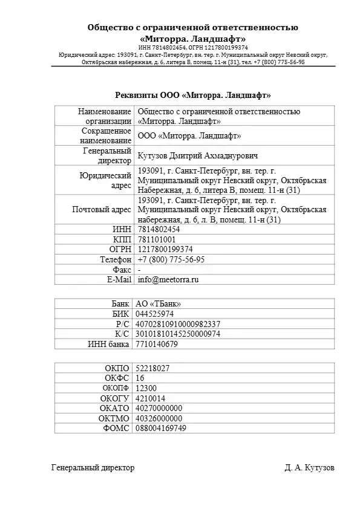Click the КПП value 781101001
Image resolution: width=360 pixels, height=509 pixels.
tap(157, 239)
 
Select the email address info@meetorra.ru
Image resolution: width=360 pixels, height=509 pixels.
tap(168, 280)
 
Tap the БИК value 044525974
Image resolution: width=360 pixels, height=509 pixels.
tap(156, 314)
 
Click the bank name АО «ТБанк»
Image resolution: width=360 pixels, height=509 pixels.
tap(159, 303)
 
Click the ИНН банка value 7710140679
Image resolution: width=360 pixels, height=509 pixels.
tap(158, 344)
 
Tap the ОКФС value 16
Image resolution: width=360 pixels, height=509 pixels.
tap(140, 378)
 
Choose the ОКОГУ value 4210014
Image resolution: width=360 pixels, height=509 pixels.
tap(151, 398)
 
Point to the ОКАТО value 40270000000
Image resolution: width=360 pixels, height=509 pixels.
tap(160, 408)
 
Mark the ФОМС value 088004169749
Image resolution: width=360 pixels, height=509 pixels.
tap(162, 429)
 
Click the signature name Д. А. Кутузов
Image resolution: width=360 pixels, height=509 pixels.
tap(309, 468)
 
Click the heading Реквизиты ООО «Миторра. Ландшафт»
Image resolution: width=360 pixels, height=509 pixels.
tap(193, 95)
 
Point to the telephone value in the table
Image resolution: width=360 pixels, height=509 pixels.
tap(171, 259)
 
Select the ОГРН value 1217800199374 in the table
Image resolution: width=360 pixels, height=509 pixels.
tap(165, 249)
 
